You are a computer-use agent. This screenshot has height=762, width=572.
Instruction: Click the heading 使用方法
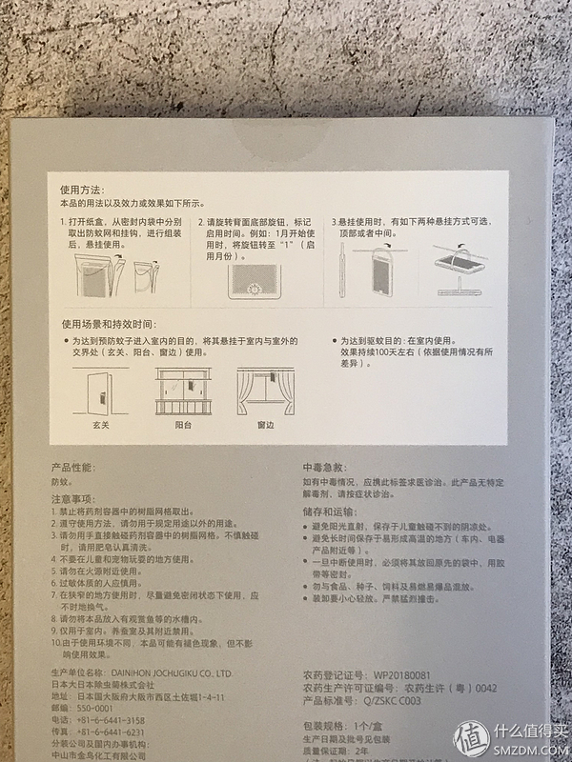[x=83, y=190]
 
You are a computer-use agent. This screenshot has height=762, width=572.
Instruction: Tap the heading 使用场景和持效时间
[x=108, y=324]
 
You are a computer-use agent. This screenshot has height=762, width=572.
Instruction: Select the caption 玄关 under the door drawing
[x=99, y=426]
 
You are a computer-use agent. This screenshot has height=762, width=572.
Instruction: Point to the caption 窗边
[x=265, y=426]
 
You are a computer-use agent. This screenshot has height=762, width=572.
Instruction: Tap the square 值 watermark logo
[x=471, y=738]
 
